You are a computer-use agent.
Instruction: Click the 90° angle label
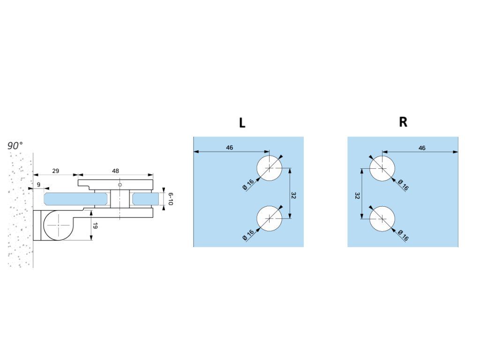pyautogui.click(x=15, y=145)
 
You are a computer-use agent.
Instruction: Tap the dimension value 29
pyautogui.click(x=55, y=171)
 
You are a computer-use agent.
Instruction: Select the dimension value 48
pyautogui.click(x=115, y=171)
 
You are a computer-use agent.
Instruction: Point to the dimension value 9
pyautogui.click(x=38, y=185)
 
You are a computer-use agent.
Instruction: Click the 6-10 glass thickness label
pyautogui.click(x=170, y=199)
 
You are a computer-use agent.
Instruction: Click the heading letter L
pyautogui.click(x=242, y=123)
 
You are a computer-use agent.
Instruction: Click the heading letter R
pyautogui.click(x=403, y=122)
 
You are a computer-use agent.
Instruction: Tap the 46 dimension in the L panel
pyautogui.click(x=230, y=148)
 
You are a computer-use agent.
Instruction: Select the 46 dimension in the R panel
pyautogui.click(x=422, y=148)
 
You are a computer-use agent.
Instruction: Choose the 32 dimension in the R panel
pyautogui.click(x=358, y=195)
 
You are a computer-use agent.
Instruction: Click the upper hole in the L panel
pyautogui.click(x=270, y=168)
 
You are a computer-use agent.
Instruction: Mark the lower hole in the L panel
pyautogui.click(x=270, y=219)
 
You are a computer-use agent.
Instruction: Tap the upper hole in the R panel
pyautogui.click(x=382, y=168)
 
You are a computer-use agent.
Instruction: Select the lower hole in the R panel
pyautogui.click(x=382, y=219)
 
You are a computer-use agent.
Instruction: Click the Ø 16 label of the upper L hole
pyautogui.click(x=248, y=184)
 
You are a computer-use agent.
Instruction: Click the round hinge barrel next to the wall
pyautogui.click(x=59, y=225)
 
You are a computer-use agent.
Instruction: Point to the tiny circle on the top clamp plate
pyautogui.click(x=120, y=185)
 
